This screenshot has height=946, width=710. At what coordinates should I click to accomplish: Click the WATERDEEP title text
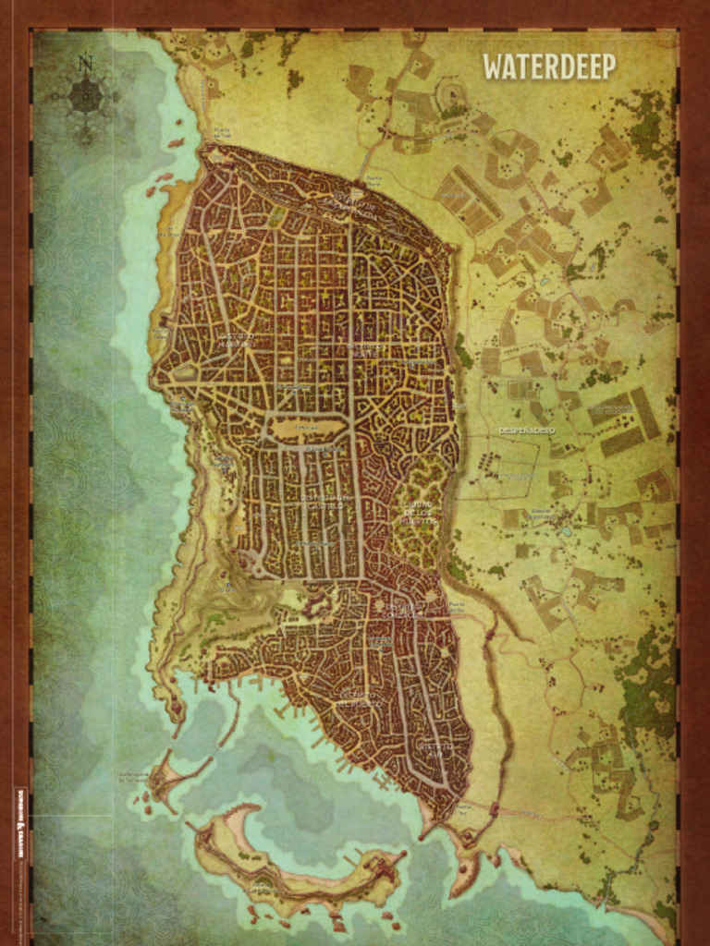(548, 67)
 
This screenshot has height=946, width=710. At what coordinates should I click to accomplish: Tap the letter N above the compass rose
(85, 64)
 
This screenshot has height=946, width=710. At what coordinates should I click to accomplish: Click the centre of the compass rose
(85, 94)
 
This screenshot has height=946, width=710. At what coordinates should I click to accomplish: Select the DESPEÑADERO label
(526, 431)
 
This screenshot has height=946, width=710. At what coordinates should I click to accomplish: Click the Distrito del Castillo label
(325, 499)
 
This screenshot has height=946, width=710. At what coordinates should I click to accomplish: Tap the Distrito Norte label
(364, 349)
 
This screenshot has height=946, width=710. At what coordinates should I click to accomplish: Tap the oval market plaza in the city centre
(308, 429)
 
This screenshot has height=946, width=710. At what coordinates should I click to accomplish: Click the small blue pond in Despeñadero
(564, 532)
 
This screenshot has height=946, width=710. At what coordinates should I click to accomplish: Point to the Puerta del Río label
(457, 607)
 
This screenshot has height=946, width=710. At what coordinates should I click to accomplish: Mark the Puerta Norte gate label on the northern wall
(373, 179)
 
